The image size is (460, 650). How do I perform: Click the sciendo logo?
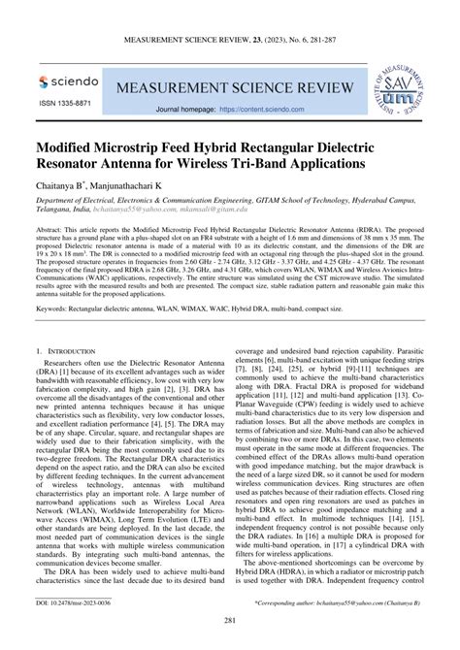tap(68, 83)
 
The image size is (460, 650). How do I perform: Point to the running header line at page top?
tap(230, 42)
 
